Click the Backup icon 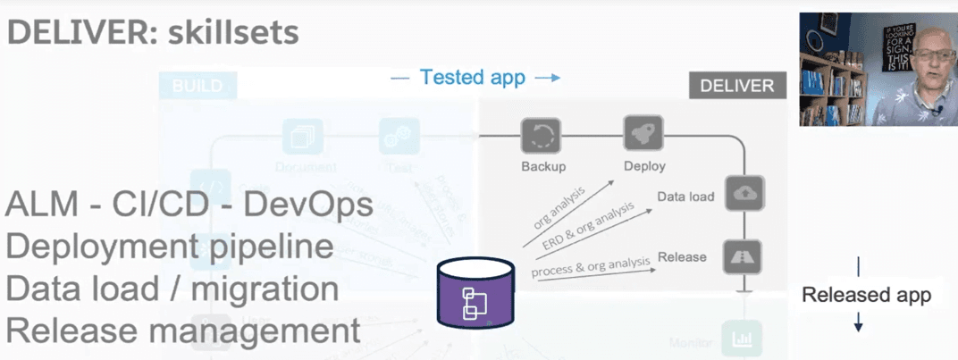tap(541, 137)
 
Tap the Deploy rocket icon tap(643, 136)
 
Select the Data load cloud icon tap(744, 193)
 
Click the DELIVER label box tap(736, 86)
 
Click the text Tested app tap(473, 78)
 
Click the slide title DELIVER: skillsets tap(153, 33)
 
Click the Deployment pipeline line tap(169, 247)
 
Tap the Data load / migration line tap(172, 289)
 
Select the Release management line tap(183, 331)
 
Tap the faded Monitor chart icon tap(742, 339)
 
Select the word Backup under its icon tap(543, 166)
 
